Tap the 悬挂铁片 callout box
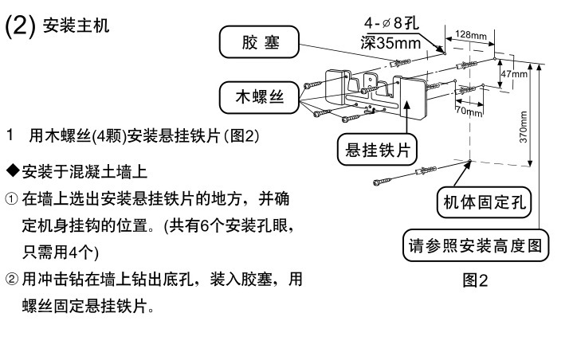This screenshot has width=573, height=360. tap(380, 149)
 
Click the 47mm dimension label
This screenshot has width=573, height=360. tap(515, 73)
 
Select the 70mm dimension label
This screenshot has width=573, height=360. tap(469, 112)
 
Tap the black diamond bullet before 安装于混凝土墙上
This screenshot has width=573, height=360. tap(12, 172)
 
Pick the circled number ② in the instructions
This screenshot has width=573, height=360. tap(11, 280)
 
